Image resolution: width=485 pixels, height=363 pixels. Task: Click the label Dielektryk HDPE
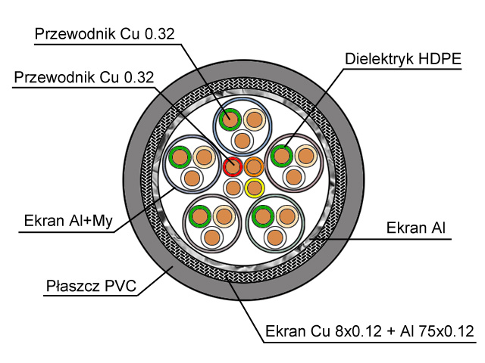403,59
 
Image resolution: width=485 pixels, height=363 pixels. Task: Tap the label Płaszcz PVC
91,286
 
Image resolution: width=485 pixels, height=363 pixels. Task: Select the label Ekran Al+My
68,221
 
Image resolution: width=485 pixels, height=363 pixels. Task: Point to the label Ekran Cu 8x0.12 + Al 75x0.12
370,331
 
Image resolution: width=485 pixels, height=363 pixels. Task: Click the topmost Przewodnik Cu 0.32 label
105,33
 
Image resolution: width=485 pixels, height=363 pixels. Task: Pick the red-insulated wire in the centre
233,166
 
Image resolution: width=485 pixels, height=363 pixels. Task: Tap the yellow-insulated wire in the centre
255,188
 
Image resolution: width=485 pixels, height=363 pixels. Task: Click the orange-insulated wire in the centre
254,166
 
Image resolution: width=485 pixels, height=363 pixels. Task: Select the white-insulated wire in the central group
233,188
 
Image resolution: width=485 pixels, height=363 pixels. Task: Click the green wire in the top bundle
230,119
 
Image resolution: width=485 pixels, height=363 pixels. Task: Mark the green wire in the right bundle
282,156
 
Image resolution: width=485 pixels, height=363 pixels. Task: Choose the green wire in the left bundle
180,157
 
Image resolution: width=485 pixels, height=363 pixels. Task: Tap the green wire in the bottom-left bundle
200,216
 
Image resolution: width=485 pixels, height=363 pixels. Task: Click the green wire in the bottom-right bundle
263,216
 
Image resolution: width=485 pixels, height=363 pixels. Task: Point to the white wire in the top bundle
242,141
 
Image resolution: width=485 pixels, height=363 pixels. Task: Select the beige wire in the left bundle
204,157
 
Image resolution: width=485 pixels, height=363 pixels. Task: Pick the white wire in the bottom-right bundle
275,237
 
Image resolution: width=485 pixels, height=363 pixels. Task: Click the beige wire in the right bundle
306,156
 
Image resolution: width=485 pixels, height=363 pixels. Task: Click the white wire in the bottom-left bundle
212,237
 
